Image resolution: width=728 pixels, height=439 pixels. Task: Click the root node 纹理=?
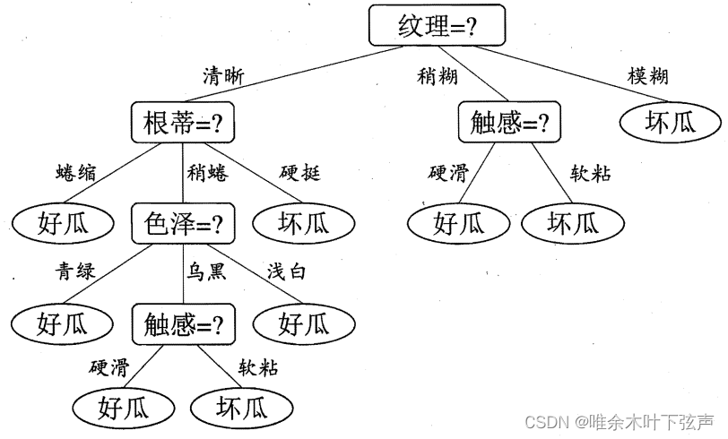(x=437, y=26)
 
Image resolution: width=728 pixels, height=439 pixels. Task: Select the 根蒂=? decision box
(x=182, y=123)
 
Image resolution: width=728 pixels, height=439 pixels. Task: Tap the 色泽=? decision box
(x=183, y=224)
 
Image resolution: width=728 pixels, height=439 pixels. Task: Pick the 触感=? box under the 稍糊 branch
(x=509, y=123)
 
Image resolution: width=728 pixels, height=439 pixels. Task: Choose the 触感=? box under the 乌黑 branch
(x=183, y=322)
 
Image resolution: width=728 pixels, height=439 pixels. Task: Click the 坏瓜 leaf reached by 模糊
(x=670, y=123)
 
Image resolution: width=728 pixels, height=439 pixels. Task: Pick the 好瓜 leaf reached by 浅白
(x=303, y=323)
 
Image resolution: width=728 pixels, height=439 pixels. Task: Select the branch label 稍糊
(x=437, y=76)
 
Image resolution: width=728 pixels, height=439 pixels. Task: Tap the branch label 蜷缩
(x=76, y=173)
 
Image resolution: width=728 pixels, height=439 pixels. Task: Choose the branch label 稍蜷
(x=207, y=173)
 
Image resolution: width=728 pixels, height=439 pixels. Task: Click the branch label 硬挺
(x=299, y=173)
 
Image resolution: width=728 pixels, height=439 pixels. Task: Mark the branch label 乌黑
(x=207, y=271)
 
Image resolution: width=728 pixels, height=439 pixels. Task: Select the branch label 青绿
(x=76, y=271)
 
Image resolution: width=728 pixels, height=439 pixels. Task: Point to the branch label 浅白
(x=286, y=271)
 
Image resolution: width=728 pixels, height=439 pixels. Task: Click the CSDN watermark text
(x=620, y=421)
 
